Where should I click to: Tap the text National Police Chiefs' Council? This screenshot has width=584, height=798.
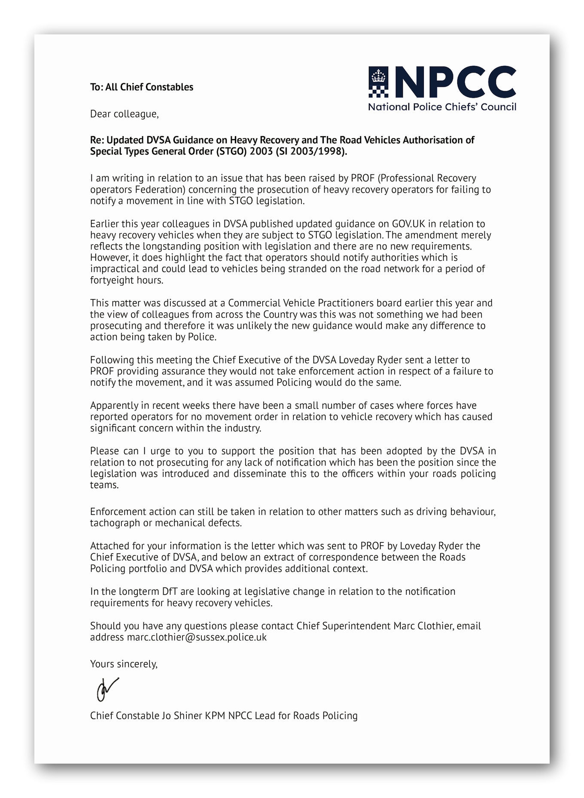coord(442,107)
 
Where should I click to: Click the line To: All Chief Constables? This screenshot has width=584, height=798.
coord(141,87)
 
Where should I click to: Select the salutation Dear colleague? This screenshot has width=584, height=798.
coord(124,114)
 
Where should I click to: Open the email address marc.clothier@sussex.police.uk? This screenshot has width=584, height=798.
coord(196,637)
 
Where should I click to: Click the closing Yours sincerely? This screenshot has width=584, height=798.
coord(124,664)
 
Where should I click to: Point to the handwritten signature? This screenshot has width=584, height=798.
coord(106,689)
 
